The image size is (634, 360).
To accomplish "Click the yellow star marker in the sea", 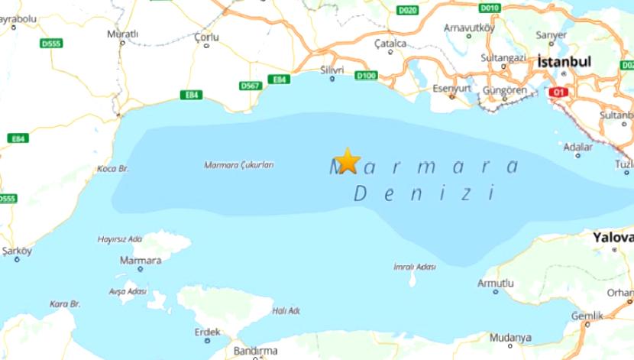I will coord(347,161).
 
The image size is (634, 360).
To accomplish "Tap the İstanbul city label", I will coord(564,60).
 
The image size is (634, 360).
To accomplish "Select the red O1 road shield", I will coord(558,92).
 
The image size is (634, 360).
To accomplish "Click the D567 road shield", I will coord(250,86).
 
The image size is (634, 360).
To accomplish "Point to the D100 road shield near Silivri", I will coord(367,75).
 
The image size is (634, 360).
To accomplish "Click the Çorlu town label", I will coord(206,37).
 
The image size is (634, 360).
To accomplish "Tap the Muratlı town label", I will coord(122,34).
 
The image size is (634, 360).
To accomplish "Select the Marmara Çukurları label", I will coord(238,164).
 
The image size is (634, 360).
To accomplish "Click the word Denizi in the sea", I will coord(425,192).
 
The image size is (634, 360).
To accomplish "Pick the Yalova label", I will coord(613,238).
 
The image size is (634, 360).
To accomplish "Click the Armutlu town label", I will coord(495,283).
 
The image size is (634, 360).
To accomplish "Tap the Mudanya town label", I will coord(510,337).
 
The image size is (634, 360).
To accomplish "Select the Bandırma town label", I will coord(255,351).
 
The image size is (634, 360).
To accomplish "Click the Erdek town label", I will coord(207,332).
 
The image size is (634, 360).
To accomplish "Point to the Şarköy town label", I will coord(17,250).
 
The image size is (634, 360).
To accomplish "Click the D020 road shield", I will coord(407,10).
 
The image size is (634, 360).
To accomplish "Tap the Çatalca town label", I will coord(390,44).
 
